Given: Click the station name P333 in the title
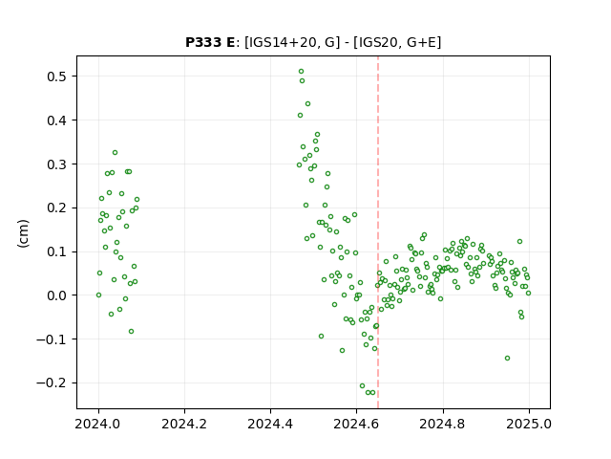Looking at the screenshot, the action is pyautogui.click(x=203, y=42).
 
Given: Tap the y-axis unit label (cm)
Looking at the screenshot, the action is pyautogui.click(x=23, y=233).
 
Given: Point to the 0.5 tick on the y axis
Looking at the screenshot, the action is pyautogui.click(x=56, y=76).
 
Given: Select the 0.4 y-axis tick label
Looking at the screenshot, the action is pyautogui.click(x=56, y=120).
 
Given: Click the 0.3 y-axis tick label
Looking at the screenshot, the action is pyautogui.click(x=56, y=164).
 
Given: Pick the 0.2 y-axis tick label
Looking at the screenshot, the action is pyautogui.click(x=56, y=208).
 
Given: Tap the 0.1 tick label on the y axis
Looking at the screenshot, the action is pyautogui.click(x=56, y=251).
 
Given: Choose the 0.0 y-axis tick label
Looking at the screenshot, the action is pyautogui.click(x=56, y=295).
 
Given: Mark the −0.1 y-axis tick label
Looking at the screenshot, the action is pyautogui.click(x=52, y=339).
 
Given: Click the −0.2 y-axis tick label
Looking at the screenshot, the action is pyautogui.click(x=52, y=383).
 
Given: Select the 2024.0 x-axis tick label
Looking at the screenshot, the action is pyautogui.click(x=98, y=424).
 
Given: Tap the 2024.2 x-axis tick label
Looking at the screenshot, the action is pyautogui.click(x=184, y=424).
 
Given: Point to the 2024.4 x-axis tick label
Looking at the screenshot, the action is pyautogui.click(x=270, y=424).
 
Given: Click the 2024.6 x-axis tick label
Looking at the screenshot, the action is pyautogui.click(x=356, y=424).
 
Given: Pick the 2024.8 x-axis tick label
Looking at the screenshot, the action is pyautogui.click(x=443, y=424).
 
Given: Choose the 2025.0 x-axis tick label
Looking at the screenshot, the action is pyautogui.click(x=529, y=424).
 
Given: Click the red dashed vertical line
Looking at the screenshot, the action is pyautogui.click(x=378, y=232).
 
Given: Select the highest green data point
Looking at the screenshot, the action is pyautogui.click(x=302, y=72).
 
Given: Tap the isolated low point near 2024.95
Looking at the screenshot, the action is pyautogui.click(x=507, y=359).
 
